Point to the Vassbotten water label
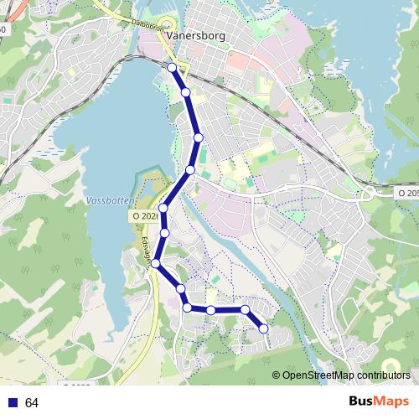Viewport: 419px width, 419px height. (x=109, y=202)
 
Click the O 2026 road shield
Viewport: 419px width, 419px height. (x=144, y=216)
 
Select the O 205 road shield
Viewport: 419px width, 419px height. (x=406, y=194)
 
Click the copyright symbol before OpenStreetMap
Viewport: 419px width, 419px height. (x=276, y=375)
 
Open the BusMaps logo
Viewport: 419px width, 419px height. (x=380, y=401)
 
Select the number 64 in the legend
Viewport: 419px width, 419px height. (x=32, y=403)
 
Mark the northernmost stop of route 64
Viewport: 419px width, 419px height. (x=172, y=67)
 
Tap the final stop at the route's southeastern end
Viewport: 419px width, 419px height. (x=264, y=328)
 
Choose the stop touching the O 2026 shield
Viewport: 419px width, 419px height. (x=163, y=209)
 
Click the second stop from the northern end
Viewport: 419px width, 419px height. (x=185, y=92)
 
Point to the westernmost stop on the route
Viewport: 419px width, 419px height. (x=155, y=263)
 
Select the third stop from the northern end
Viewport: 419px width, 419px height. (x=199, y=137)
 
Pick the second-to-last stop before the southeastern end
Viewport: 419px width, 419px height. (x=245, y=310)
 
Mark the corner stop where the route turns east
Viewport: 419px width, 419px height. (x=187, y=308)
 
